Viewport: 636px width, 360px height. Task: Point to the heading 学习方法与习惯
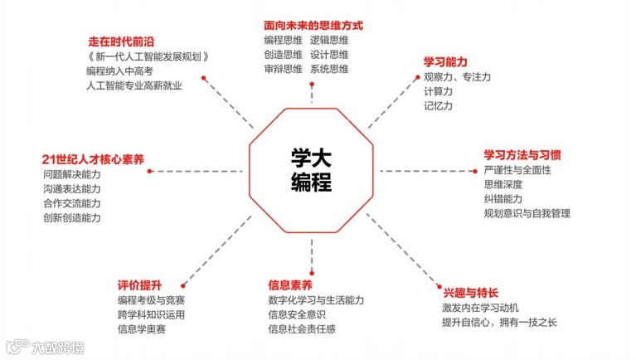click(x=522, y=155)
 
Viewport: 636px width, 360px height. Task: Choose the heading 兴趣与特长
click(x=470, y=292)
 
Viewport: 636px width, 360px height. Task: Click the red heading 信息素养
click(x=290, y=285)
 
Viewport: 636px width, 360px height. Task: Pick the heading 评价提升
click(x=138, y=285)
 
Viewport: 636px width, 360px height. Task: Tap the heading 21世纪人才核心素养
click(x=93, y=158)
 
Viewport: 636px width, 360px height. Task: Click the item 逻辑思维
click(x=330, y=40)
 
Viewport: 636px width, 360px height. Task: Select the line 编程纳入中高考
click(x=119, y=71)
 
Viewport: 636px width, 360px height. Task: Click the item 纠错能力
click(x=503, y=199)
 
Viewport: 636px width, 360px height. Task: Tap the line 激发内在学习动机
click(x=481, y=308)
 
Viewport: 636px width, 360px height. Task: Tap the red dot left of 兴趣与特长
click(x=437, y=286)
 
